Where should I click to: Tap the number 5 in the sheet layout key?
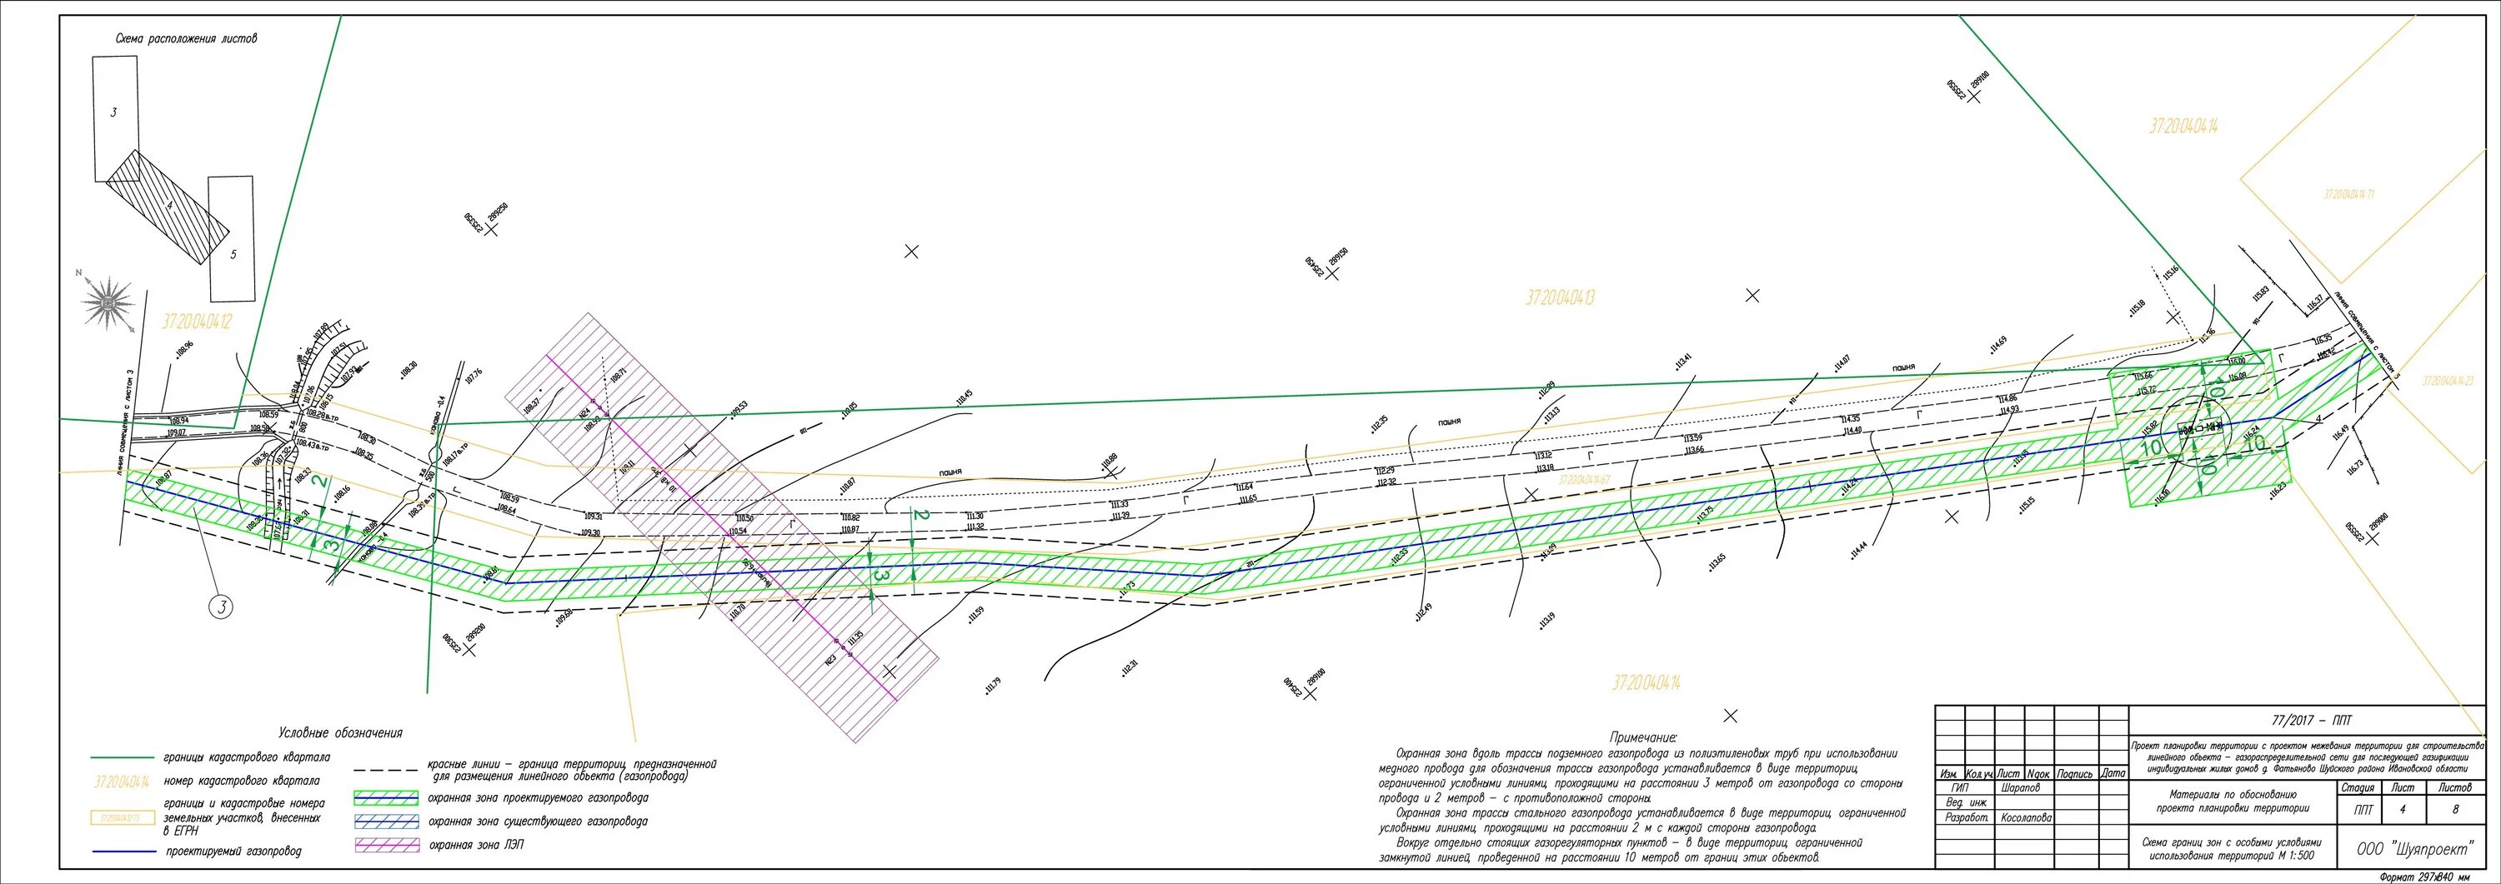click(233, 255)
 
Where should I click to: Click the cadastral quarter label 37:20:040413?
click(1559, 298)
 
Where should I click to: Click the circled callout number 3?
click(223, 608)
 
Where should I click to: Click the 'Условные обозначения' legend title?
click(340, 732)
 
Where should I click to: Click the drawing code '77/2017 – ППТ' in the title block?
click(2312, 720)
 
